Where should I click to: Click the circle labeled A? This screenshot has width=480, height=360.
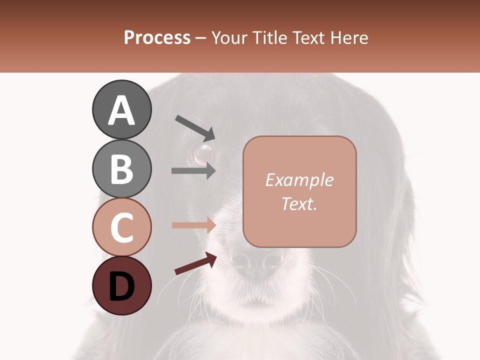pyautogui.click(x=121, y=110)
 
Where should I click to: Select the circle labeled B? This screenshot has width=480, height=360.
pyautogui.click(x=121, y=168)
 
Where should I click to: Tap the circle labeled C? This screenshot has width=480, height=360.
pyautogui.click(x=121, y=227)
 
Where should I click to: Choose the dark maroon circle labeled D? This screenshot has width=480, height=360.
pyautogui.click(x=121, y=285)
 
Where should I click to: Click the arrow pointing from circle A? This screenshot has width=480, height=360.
pyautogui.click(x=195, y=127)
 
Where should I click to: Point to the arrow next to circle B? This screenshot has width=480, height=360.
pyautogui.click(x=193, y=170)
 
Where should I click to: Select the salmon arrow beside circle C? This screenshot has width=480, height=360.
pyautogui.click(x=193, y=225)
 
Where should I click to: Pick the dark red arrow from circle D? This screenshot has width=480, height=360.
pyautogui.click(x=195, y=263)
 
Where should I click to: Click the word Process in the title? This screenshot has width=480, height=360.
pyautogui.click(x=157, y=38)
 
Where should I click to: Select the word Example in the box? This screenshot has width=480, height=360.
pyautogui.click(x=299, y=180)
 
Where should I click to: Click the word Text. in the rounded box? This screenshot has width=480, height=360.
pyautogui.click(x=299, y=203)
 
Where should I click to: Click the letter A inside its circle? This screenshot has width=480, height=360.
pyautogui.click(x=121, y=110)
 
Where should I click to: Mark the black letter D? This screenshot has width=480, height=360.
pyautogui.click(x=121, y=286)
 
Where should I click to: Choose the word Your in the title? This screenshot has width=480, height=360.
pyautogui.click(x=229, y=38)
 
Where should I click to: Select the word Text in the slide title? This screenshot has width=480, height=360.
pyautogui.click(x=307, y=38)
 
